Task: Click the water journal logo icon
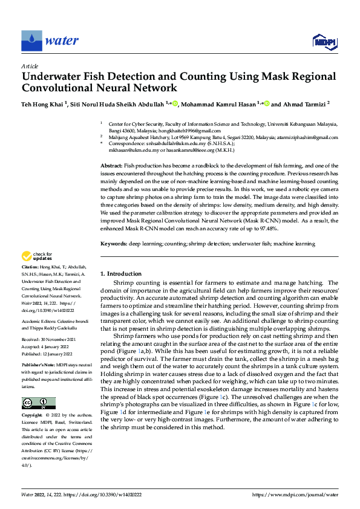[31, 41]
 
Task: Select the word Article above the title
[30, 66]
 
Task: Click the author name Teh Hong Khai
[42, 104]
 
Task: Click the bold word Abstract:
[111, 166]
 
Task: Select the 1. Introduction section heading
[120, 273]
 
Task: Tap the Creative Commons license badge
[38, 403]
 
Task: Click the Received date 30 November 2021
[54, 340]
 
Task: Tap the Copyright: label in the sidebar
[32, 416]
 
